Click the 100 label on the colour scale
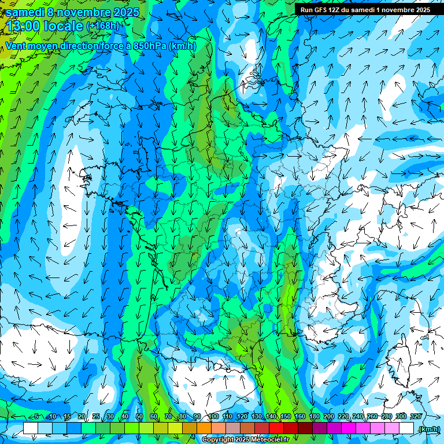tap(213, 416)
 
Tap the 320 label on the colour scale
tap(416, 416)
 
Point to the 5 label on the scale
tap(36, 416)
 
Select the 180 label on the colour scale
tap(314, 416)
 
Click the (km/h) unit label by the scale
tap(428, 428)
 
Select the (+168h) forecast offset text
tap(103, 26)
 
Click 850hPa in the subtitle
tap(150, 46)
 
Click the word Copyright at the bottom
tap(218, 440)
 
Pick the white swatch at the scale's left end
tap(31, 428)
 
